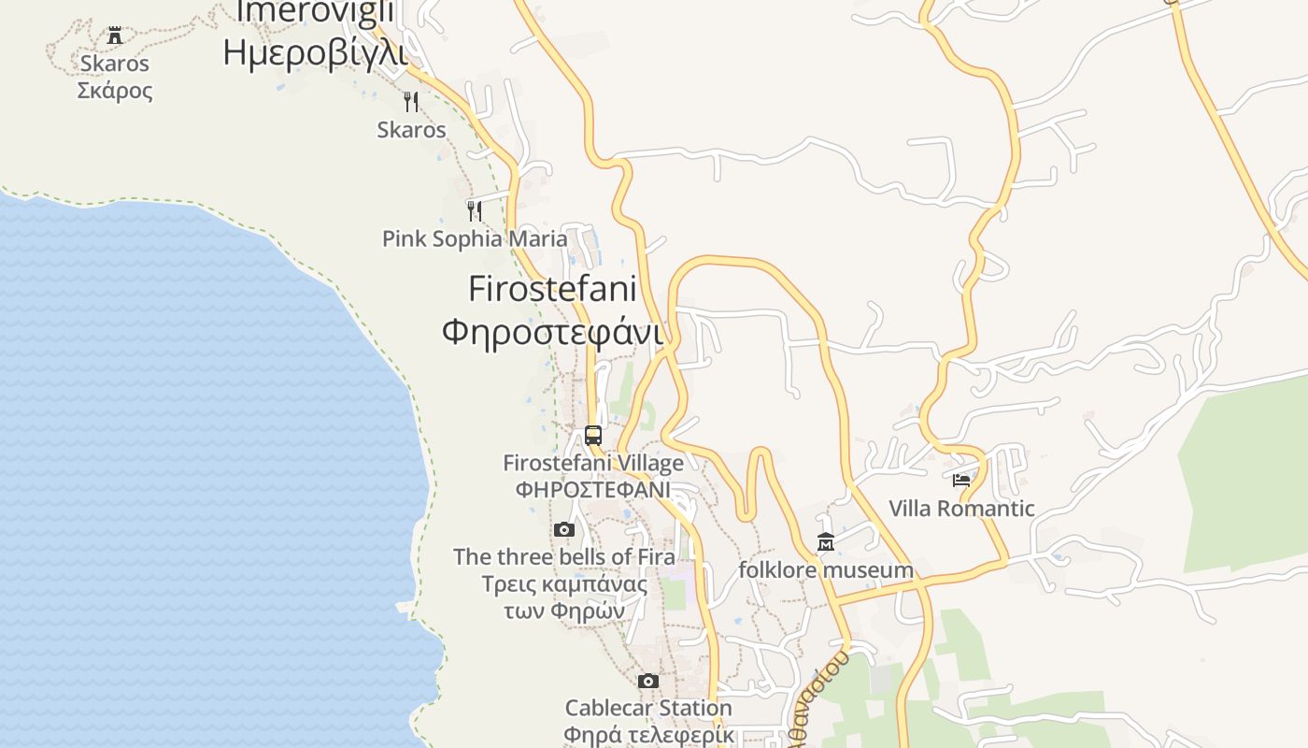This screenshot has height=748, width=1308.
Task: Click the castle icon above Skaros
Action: [115, 36]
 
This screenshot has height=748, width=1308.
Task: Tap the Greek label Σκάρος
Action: [115, 91]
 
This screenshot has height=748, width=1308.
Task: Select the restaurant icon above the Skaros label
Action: [410, 101]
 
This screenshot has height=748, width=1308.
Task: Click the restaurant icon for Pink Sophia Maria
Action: [475, 210]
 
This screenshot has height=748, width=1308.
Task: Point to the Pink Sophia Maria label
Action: [475, 238]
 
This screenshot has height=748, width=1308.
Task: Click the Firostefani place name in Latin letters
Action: [552, 288]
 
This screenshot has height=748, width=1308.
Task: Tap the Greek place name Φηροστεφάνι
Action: [552, 332]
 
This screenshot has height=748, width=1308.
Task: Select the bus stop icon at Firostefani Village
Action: [593, 435]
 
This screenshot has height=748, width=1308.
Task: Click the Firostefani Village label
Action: [593, 463]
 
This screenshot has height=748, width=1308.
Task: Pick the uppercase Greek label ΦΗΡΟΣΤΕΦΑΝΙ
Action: [593, 489]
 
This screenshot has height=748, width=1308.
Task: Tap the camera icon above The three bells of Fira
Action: [563, 530]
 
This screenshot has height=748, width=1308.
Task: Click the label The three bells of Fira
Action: [563, 557]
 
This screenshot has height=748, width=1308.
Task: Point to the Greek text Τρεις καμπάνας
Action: [563, 585]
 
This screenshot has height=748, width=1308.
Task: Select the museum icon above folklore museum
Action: [826, 542]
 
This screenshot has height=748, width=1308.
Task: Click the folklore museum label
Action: [826, 569]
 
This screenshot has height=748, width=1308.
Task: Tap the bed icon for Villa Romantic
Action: [961, 481]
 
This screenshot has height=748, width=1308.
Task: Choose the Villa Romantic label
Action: [961, 509]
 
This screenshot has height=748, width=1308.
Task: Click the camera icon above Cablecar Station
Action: [648, 681]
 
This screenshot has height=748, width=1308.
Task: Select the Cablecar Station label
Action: [648, 708]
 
